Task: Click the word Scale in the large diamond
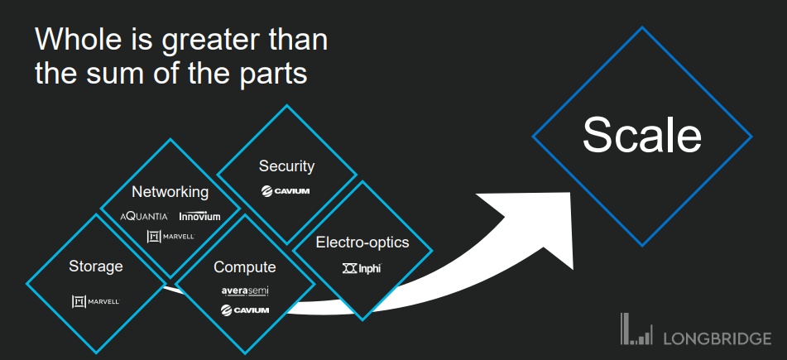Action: click(642, 135)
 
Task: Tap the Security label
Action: click(286, 166)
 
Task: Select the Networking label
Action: click(170, 192)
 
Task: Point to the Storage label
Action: click(96, 266)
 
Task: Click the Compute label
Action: click(245, 267)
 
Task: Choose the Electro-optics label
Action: click(362, 242)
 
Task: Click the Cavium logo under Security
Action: click(286, 192)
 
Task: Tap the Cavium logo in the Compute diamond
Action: click(245, 310)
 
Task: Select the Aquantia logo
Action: click(144, 216)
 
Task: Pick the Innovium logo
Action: click(199, 216)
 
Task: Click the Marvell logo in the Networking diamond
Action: click(170, 237)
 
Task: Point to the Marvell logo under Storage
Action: click(96, 301)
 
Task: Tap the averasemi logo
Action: click(245, 290)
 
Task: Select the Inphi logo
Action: click(362, 268)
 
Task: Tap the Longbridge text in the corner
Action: click(717, 338)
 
